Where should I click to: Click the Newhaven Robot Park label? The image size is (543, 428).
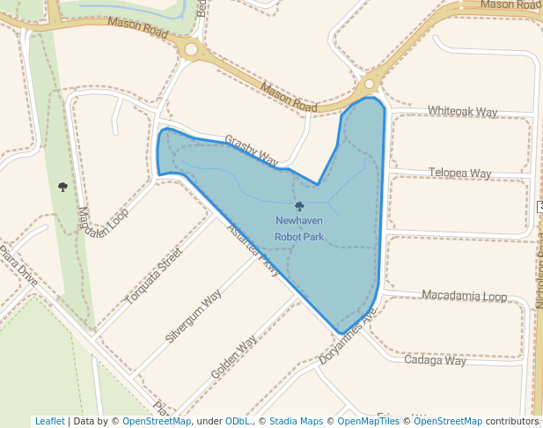[x=299, y=229]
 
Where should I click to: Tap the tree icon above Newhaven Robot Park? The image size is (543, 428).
[x=299, y=206]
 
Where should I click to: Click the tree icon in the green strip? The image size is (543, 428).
[x=62, y=187]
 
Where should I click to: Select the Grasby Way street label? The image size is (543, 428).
[x=251, y=151]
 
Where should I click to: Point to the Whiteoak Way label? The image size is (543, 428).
[x=462, y=112]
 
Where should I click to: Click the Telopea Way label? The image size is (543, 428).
[x=459, y=173]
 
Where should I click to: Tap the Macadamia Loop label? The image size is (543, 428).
[x=464, y=296]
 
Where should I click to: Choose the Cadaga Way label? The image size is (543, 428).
[x=435, y=360]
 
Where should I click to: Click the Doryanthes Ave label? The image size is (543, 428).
[x=348, y=337]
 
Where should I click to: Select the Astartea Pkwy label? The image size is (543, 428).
[x=253, y=251]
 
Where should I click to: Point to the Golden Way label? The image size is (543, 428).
[x=234, y=357]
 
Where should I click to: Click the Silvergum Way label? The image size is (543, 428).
[x=194, y=315]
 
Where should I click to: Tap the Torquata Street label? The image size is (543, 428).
[x=153, y=277]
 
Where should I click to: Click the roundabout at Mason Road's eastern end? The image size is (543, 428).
[x=369, y=85]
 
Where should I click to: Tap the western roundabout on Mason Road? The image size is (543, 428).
[x=191, y=49]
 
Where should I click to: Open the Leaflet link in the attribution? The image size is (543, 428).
[x=50, y=421]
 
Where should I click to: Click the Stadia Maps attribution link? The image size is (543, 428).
[x=296, y=421]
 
